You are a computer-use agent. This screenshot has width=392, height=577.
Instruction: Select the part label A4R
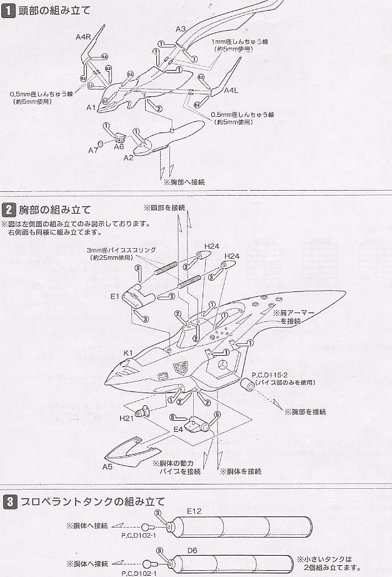(x=83, y=37)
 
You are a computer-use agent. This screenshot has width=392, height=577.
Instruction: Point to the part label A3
(x=181, y=29)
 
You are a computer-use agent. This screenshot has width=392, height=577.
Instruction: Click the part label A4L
(x=232, y=91)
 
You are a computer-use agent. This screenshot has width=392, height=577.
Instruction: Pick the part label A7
(x=93, y=151)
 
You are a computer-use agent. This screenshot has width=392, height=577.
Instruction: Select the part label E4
(x=178, y=429)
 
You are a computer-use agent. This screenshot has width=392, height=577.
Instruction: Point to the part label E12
(x=195, y=511)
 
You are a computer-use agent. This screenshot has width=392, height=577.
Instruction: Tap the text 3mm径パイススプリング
(x=121, y=249)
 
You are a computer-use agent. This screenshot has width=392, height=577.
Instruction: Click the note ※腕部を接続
(x=304, y=412)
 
